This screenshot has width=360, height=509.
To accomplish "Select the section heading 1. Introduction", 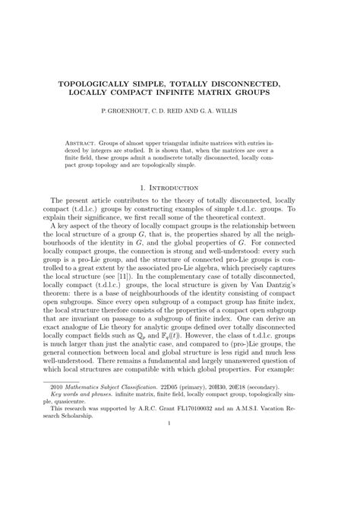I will pos(179,187).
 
